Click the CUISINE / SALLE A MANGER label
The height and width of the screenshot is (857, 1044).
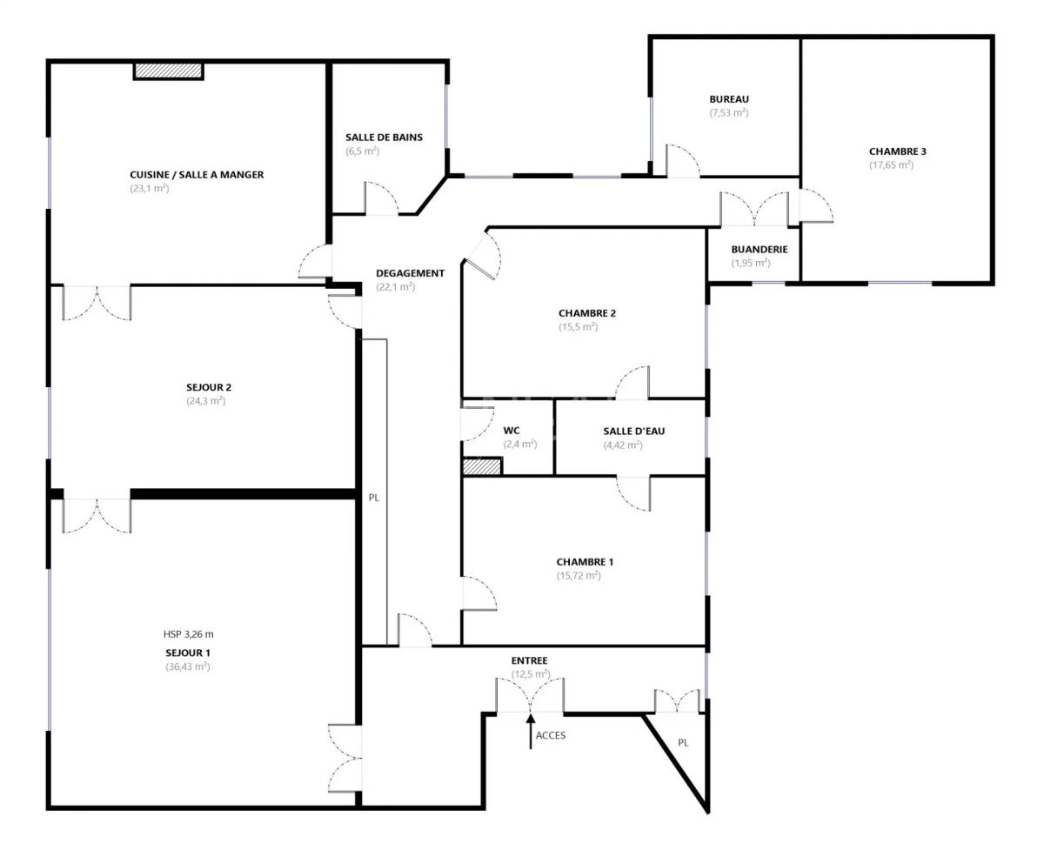(197, 175)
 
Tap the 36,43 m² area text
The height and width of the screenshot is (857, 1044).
(188, 667)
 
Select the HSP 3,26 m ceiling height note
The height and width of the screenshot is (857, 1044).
(188, 634)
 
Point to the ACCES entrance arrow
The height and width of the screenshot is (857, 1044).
(531, 730)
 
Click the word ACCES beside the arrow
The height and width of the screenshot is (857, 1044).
(551, 735)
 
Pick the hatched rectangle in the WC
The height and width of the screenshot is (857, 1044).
(482, 467)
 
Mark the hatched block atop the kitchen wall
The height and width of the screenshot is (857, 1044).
(168, 70)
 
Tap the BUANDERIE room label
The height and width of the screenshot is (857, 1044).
(760, 249)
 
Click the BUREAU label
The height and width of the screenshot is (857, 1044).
(729, 99)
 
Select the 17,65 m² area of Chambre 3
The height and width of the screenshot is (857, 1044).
(891, 165)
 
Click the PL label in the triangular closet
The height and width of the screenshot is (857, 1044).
(683, 743)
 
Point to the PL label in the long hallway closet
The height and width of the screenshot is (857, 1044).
(374, 499)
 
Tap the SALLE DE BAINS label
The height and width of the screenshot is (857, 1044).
(384, 137)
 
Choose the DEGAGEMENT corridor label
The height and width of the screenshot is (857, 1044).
(410, 273)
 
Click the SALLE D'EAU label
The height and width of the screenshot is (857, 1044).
(634, 431)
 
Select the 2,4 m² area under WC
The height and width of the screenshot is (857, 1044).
(519, 445)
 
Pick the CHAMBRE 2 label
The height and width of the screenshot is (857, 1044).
(587, 313)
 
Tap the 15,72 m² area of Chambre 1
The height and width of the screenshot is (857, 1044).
(579, 576)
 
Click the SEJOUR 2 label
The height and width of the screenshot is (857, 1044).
(209, 387)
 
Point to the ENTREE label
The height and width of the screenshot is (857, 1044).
(529, 660)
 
